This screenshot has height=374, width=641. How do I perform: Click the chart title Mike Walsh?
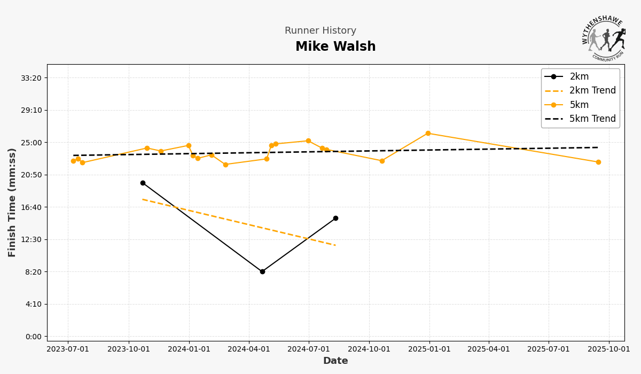335,47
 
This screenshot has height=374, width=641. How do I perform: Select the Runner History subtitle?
320,31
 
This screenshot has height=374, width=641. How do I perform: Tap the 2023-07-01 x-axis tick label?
68,349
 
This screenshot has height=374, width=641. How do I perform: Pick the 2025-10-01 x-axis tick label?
609,349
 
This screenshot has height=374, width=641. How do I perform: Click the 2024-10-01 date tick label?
369,349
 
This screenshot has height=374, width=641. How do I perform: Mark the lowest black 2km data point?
262,271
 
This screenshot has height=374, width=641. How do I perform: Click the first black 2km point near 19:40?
143,183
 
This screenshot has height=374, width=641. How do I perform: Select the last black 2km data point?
335,218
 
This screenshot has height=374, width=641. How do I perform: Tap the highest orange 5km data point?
428,133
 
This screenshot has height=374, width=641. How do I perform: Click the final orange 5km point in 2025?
598,162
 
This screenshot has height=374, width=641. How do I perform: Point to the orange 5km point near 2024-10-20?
382,161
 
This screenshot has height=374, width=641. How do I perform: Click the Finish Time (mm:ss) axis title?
12,202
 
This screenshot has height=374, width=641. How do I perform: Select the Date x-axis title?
335,361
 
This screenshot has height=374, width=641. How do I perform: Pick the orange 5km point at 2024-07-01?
308,141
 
